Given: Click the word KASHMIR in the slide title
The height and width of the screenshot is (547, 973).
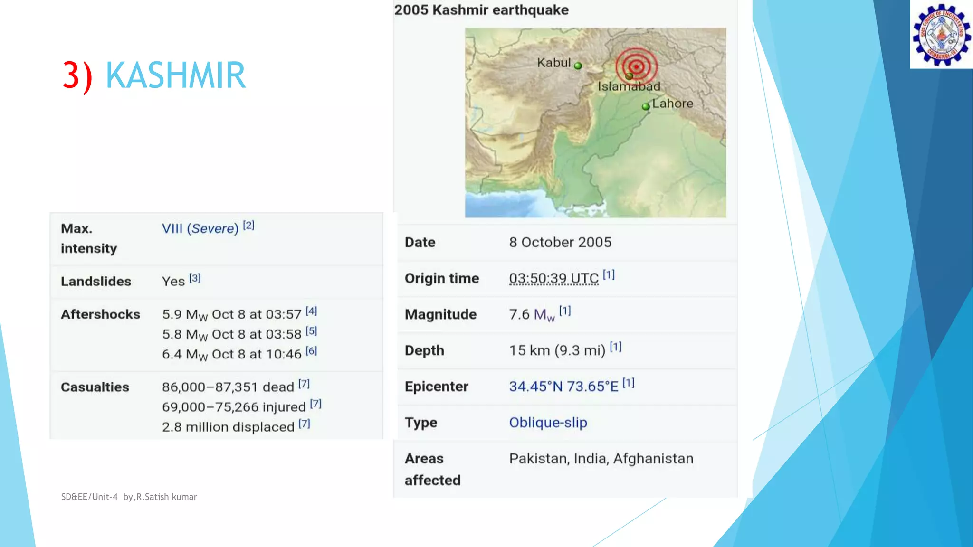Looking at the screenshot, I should tap(175, 75).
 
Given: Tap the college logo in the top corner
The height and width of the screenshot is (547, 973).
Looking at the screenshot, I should tap(941, 35).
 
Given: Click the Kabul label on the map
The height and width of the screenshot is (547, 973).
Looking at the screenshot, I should tap(553, 63).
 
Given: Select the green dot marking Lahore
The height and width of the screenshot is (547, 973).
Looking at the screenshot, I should tap(646, 106).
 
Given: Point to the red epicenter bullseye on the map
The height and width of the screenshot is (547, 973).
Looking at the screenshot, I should tap(637, 66).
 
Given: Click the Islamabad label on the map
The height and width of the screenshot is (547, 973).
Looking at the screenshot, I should tap(629, 86).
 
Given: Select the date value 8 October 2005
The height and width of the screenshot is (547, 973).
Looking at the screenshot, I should tap(560, 242).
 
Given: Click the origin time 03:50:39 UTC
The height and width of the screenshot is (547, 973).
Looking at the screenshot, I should tap(553, 278).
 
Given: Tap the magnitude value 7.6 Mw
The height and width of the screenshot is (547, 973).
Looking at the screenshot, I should tap(532, 314).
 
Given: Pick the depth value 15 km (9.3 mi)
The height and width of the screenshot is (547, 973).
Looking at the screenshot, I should tap(557, 350).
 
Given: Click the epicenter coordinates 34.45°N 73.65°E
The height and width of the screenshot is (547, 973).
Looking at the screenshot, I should tap(563, 387).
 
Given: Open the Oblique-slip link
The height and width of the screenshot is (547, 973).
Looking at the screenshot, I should tap(548, 422).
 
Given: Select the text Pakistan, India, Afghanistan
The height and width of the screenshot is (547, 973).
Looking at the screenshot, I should tap(601, 459).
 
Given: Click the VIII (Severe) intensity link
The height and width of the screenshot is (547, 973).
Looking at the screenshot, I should tap(200, 228).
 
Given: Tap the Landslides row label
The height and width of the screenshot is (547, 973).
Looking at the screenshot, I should tap(96, 281).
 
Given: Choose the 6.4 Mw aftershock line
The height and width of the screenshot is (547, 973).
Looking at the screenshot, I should tap(231, 354).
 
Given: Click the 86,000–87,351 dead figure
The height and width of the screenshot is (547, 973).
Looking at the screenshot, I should tap(228, 387).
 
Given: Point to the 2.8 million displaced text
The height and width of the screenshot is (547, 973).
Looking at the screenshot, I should tap(228, 427).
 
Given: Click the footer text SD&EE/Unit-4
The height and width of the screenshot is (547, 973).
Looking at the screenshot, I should tap(89, 497).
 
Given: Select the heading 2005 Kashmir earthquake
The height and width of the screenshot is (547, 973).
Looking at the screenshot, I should tap(481, 10).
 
